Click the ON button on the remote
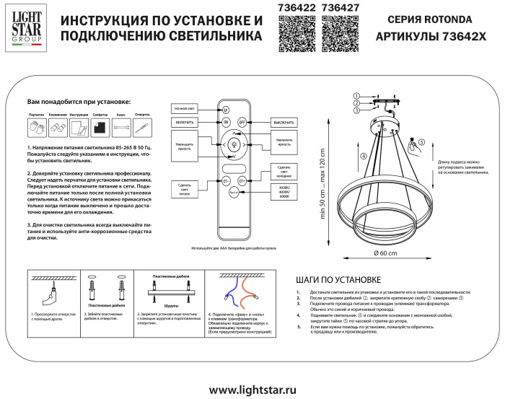pos(226,123)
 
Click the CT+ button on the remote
pos(242,180)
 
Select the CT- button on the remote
pos(225,180)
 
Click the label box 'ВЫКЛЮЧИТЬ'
pos(283,123)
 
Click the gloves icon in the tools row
pos(37,128)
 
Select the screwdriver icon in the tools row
pos(142,128)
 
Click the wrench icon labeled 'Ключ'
pos(121,128)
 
